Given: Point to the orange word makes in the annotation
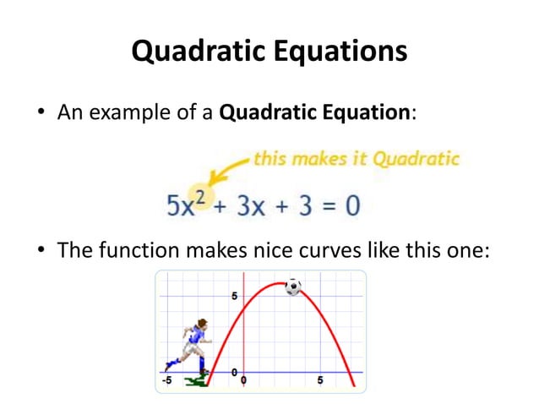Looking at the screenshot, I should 319,158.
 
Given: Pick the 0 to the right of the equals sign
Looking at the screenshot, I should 350,205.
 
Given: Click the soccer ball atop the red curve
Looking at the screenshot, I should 293,287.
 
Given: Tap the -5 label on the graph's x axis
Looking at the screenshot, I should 168,380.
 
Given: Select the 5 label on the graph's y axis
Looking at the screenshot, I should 235,295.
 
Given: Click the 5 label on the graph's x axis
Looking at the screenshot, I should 319,380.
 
